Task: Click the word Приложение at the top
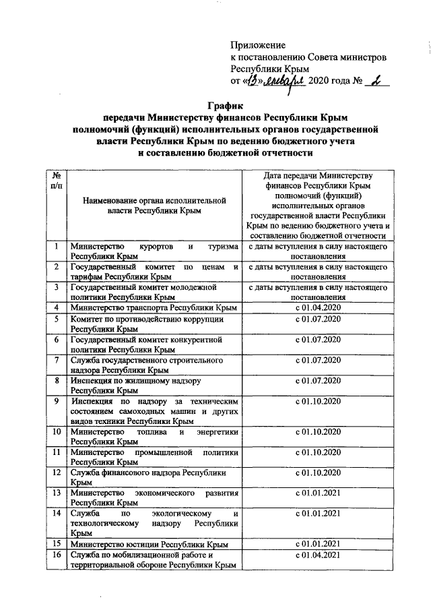[258, 45]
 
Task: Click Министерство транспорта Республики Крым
[154, 308]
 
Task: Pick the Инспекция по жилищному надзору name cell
[154, 386]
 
